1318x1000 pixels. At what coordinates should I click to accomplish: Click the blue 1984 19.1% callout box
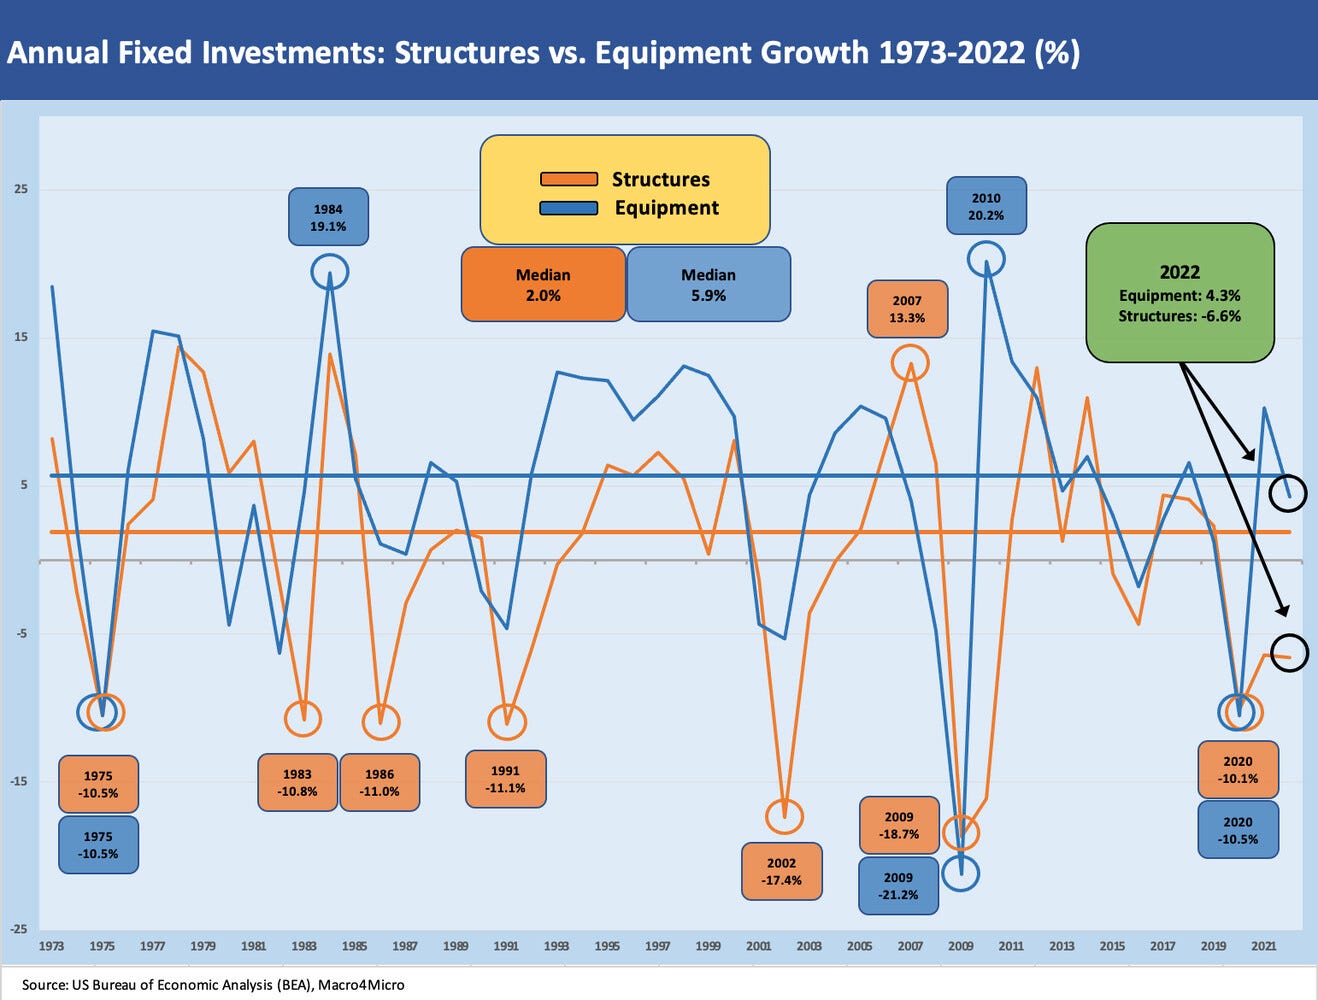click(328, 218)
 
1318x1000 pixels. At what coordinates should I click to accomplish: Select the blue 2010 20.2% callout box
click(986, 207)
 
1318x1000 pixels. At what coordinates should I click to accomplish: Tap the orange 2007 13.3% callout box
click(907, 309)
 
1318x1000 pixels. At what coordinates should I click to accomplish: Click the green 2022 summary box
click(1180, 293)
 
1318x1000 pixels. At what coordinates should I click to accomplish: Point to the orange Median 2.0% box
click(543, 285)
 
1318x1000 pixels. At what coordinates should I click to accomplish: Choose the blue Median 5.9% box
click(708, 285)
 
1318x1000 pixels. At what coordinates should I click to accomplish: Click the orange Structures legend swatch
click(569, 180)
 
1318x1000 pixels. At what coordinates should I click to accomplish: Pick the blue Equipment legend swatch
click(569, 208)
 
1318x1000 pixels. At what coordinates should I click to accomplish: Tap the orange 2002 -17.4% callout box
click(781, 871)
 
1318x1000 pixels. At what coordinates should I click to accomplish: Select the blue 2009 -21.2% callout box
click(898, 885)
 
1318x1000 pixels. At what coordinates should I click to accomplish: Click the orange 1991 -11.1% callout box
click(505, 779)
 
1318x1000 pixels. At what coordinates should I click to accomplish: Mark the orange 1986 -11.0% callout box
click(379, 782)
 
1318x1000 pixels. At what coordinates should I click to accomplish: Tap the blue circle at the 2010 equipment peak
click(986, 259)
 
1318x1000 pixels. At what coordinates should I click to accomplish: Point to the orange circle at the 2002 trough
click(784, 816)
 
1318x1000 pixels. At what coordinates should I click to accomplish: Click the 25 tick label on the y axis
click(21, 189)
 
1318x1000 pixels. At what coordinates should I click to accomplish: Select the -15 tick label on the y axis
click(19, 781)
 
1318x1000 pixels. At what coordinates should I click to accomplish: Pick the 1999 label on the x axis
click(708, 946)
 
